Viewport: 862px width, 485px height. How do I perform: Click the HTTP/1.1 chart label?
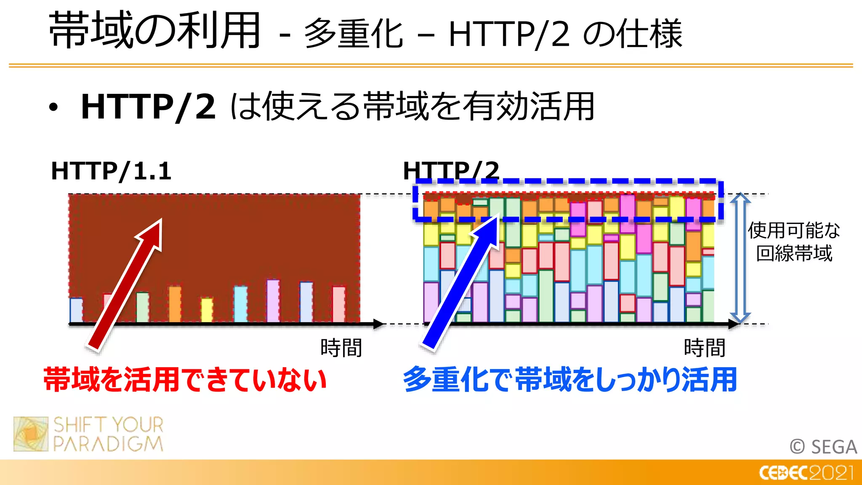pyautogui.click(x=111, y=171)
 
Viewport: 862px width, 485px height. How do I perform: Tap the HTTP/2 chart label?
pyautogui.click(x=451, y=171)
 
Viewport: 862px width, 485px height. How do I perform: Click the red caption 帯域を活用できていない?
pyautogui.click(x=185, y=379)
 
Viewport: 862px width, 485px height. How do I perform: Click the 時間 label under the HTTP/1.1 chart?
pyautogui.click(x=341, y=348)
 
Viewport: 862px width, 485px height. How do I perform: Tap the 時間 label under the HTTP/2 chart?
pyautogui.click(x=704, y=348)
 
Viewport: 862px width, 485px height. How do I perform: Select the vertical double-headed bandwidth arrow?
pyautogui.click(x=740, y=258)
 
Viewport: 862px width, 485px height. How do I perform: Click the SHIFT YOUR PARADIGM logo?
pyautogui.click(x=88, y=434)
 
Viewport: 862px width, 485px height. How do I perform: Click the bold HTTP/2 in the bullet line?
pyautogui.click(x=148, y=107)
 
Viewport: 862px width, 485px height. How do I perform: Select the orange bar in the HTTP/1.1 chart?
pyautogui.click(x=175, y=304)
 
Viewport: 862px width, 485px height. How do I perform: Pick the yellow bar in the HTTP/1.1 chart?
pyautogui.click(x=207, y=310)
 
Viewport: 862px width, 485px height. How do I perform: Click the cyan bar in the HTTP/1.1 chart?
pyautogui.click(x=240, y=304)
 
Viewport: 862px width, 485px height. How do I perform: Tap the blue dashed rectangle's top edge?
pyautogui.click(x=568, y=181)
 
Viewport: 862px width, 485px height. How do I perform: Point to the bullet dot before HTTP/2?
pyautogui.click(x=53, y=108)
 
